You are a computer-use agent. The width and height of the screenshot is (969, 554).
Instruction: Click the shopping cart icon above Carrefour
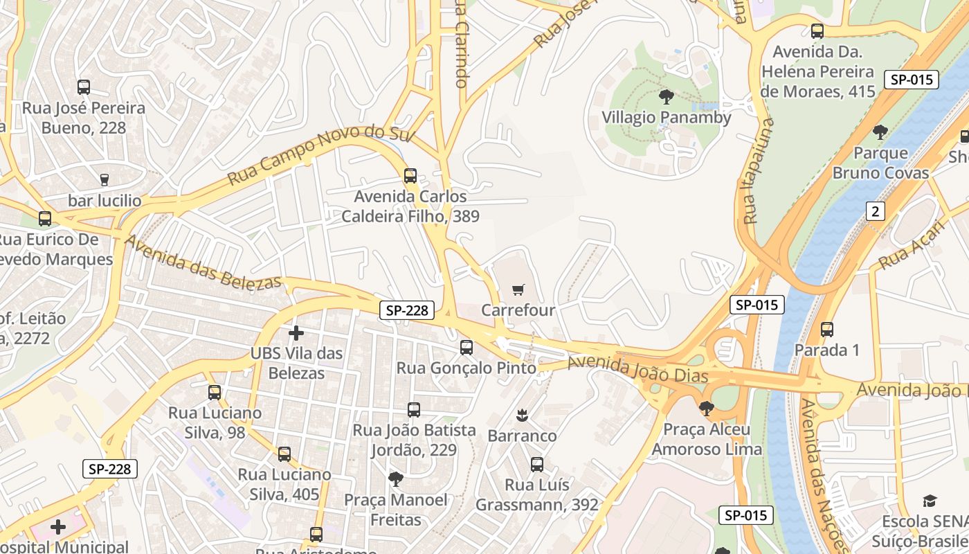click(518, 289)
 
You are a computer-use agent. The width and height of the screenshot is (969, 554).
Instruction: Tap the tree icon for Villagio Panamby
click(667, 96)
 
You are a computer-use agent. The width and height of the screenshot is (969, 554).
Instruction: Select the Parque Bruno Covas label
click(880, 163)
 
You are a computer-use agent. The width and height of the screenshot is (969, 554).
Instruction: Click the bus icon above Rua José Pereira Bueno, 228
click(84, 87)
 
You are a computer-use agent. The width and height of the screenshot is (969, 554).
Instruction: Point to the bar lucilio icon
click(105, 180)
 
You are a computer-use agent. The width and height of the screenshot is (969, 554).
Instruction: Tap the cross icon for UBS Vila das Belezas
click(296, 333)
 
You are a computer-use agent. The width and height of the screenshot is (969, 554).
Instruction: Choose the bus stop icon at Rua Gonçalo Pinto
click(467, 348)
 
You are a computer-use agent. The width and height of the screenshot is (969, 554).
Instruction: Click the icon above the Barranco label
click(522, 415)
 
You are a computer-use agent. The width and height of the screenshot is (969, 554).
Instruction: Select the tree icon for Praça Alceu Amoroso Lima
click(706, 409)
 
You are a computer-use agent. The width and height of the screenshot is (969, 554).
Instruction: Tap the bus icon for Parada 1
click(827, 330)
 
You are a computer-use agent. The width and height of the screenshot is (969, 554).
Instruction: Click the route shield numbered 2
click(876, 211)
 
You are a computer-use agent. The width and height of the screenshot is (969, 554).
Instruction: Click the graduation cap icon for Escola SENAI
click(930, 501)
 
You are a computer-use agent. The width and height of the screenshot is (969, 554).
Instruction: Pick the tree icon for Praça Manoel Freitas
click(395, 479)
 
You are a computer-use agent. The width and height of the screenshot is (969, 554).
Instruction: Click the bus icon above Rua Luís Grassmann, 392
click(537, 465)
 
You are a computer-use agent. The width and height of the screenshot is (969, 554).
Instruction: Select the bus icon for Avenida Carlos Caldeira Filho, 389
click(410, 176)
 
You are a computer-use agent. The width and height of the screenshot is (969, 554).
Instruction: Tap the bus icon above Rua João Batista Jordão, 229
click(414, 410)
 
